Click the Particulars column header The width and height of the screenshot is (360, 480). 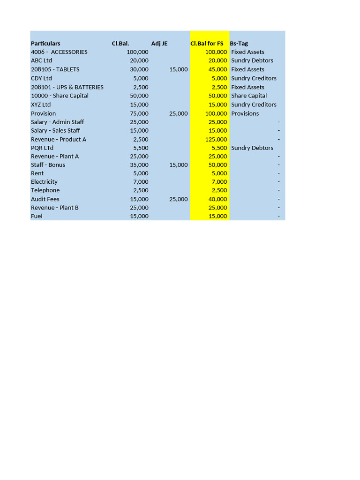(x=45, y=44)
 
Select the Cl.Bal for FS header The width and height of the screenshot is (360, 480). (x=207, y=44)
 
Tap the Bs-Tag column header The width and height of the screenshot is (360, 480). (x=239, y=44)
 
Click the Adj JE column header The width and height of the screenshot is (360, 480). (x=159, y=44)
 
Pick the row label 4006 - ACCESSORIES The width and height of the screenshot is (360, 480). (x=59, y=52)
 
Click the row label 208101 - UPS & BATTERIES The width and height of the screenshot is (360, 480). (x=67, y=87)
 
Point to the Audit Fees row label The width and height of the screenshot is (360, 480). (x=45, y=199)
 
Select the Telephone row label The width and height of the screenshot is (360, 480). (x=45, y=190)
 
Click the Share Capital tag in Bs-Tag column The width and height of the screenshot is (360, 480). (x=249, y=96)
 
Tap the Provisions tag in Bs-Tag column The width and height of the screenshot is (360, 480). (x=245, y=113)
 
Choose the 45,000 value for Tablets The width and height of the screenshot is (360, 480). (x=218, y=69)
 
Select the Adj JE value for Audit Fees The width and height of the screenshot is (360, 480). (x=178, y=199)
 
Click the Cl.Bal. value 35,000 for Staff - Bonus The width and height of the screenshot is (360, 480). (x=139, y=165)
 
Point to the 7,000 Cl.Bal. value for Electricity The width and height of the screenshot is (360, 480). (x=141, y=182)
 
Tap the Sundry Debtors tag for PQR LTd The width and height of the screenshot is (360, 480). (x=252, y=148)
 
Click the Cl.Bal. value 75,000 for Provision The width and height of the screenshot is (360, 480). (x=139, y=113)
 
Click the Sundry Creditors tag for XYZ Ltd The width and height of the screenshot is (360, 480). (x=254, y=105)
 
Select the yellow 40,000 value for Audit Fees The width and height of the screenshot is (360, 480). (x=218, y=199)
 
